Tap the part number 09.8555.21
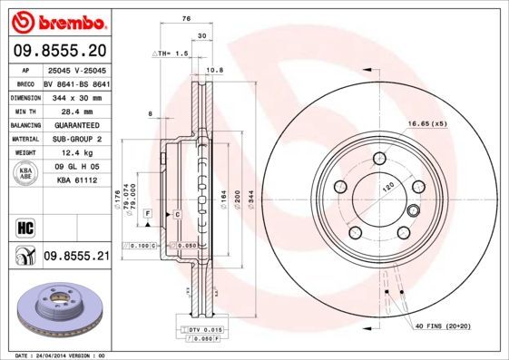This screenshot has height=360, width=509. point(75,258)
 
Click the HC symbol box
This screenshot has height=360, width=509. point(24,226)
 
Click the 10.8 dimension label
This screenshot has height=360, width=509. point(215,71)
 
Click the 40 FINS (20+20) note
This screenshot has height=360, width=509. point(448,325)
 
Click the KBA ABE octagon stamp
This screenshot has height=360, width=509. point(26,174)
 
